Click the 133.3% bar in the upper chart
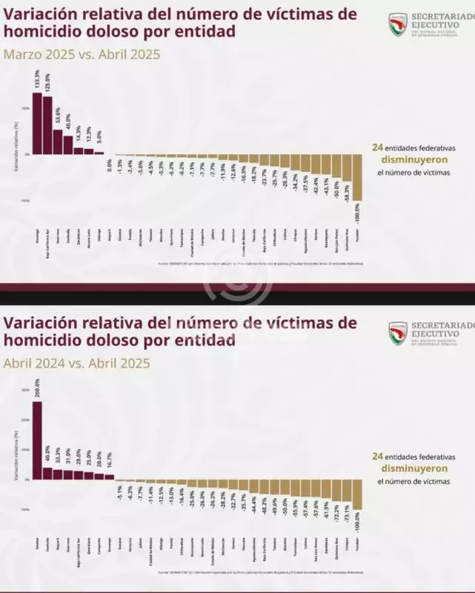pyautogui.click(x=37, y=123)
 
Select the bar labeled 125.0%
pyautogui.click(x=47, y=125)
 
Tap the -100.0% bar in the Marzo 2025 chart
pyautogui.click(x=358, y=177)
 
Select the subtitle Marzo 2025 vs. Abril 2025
pyautogui.click(x=82, y=55)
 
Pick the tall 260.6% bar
pyautogui.click(x=37, y=440)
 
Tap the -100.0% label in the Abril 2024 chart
pyautogui.click(x=358, y=523)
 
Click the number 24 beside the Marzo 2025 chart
pyautogui.click(x=376, y=147)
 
